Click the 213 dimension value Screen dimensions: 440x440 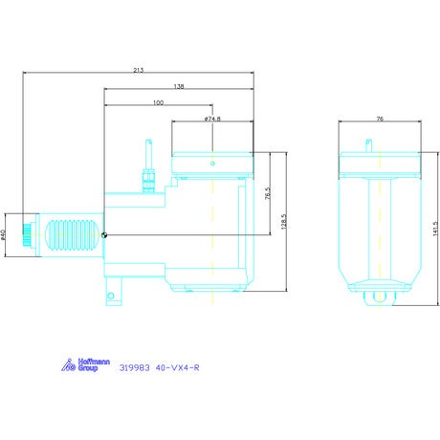point(139,70)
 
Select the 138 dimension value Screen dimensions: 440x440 point(179,86)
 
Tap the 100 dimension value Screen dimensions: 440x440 point(158,102)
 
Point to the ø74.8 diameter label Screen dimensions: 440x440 point(212,119)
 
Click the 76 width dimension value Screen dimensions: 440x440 point(380,119)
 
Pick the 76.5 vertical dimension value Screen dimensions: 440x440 point(268,193)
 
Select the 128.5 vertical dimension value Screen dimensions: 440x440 point(284,221)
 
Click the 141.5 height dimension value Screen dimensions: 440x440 point(436,229)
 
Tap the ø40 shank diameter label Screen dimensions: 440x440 point(3,234)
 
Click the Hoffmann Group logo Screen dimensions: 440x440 point(85,364)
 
